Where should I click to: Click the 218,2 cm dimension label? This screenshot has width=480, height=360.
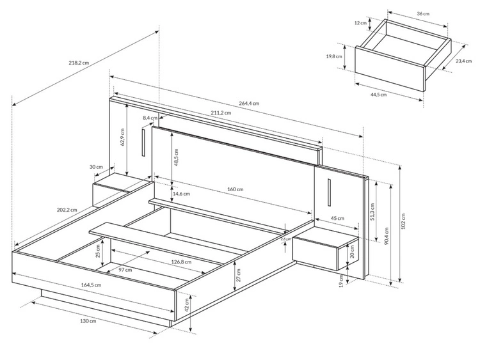[x=79, y=63]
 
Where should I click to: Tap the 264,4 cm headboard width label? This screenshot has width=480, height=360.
[x=249, y=103]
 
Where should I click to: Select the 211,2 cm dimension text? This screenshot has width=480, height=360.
[x=221, y=113]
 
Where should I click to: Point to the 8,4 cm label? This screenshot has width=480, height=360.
[x=150, y=118]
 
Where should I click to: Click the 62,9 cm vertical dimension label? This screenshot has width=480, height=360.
[x=123, y=137]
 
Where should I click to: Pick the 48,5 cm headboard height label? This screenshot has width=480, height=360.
[x=176, y=157]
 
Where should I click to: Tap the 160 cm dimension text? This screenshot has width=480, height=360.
[x=235, y=189]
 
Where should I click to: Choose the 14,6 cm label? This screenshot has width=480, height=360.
[x=181, y=194]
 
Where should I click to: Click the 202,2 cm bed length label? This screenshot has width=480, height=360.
[x=67, y=210]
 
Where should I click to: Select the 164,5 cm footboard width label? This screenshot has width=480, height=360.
[x=91, y=285]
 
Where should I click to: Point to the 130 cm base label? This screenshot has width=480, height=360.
[x=88, y=321]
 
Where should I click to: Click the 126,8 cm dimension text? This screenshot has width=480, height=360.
[x=181, y=262]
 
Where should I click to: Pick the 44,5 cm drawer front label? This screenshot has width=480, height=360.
[x=378, y=95]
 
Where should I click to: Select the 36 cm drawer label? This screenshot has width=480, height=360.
[x=423, y=13]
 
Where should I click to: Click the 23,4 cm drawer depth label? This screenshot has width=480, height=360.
[x=463, y=61]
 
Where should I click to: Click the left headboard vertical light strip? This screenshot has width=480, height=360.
[x=143, y=143]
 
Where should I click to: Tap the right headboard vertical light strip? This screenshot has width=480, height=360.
[x=329, y=192]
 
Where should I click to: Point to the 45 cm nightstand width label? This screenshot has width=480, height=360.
[x=338, y=218]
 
